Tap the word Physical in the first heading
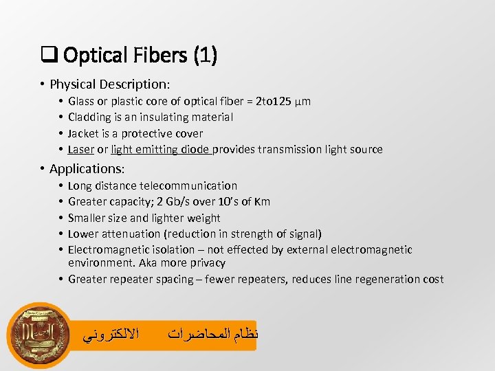(74, 85)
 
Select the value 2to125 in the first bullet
(273, 102)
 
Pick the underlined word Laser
(81, 149)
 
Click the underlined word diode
(195, 149)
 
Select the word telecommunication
(188, 185)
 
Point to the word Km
(262, 201)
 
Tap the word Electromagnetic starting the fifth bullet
(111, 249)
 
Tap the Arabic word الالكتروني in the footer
(111, 335)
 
